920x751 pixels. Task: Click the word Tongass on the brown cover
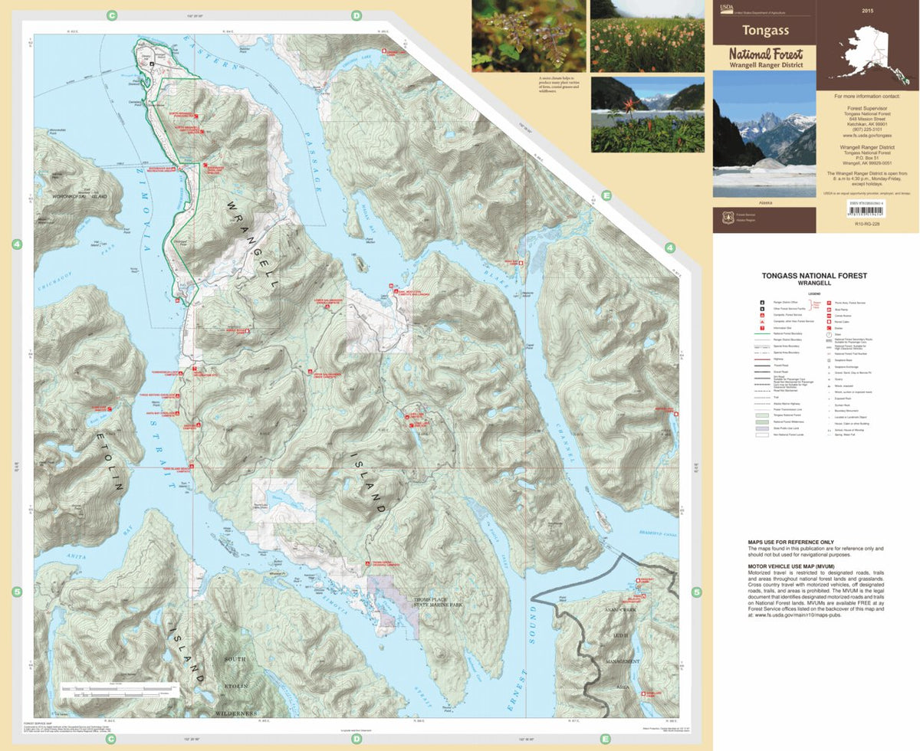764,31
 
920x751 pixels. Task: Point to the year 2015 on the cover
867,11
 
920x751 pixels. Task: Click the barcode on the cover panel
765,216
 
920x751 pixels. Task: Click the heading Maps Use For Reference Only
790,543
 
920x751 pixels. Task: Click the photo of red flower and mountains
647,113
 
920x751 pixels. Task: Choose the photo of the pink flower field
647,36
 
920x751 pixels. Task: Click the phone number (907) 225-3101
867,130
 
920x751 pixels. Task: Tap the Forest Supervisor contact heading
867,108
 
